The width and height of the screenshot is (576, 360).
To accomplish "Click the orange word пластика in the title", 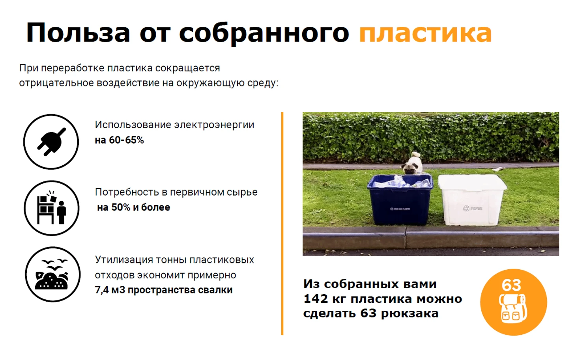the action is click(x=425, y=33).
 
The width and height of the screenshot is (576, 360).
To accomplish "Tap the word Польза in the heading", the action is click(x=78, y=32).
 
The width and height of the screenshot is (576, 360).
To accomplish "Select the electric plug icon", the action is click(x=51, y=142).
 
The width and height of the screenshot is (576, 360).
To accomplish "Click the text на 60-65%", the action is click(x=119, y=140).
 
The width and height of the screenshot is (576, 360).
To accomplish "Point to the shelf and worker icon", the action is click(x=52, y=208).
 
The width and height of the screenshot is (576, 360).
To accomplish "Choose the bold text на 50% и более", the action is click(x=133, y=207).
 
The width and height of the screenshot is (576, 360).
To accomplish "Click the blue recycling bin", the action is click(x=400, y=200).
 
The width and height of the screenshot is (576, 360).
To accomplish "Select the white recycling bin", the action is click(x=472, y=200).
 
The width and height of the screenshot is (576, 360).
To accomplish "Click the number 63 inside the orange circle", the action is click(x=511, y=285).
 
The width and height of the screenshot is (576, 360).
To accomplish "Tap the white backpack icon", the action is click(x=513, y=308).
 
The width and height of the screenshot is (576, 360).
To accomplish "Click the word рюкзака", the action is click(x=410, y=314).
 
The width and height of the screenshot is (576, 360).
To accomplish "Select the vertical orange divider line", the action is click(x=282, y=223).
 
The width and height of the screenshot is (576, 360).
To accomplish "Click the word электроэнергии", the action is click(x=214, y=125).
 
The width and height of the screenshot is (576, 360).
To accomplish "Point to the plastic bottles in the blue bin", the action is click(x=402, y=181).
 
